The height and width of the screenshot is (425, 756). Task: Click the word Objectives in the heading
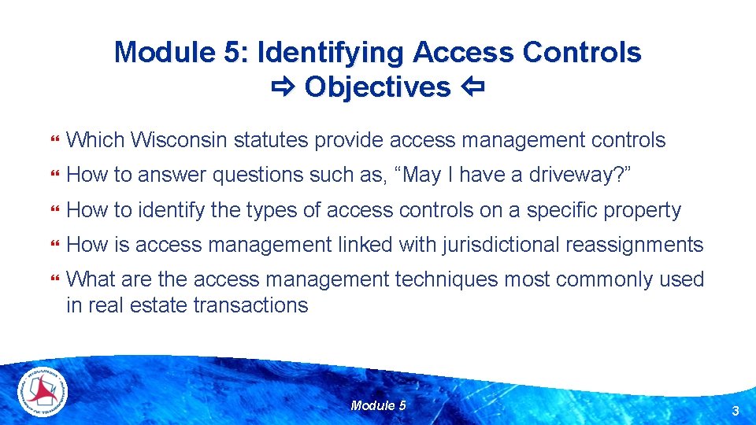pyautogui.click(x=377, y=87)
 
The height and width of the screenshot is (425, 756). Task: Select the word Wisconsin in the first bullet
pyautogui.click(x=179, y=141)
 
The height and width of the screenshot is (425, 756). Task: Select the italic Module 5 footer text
pyautogui.click(x=378, y=405)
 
